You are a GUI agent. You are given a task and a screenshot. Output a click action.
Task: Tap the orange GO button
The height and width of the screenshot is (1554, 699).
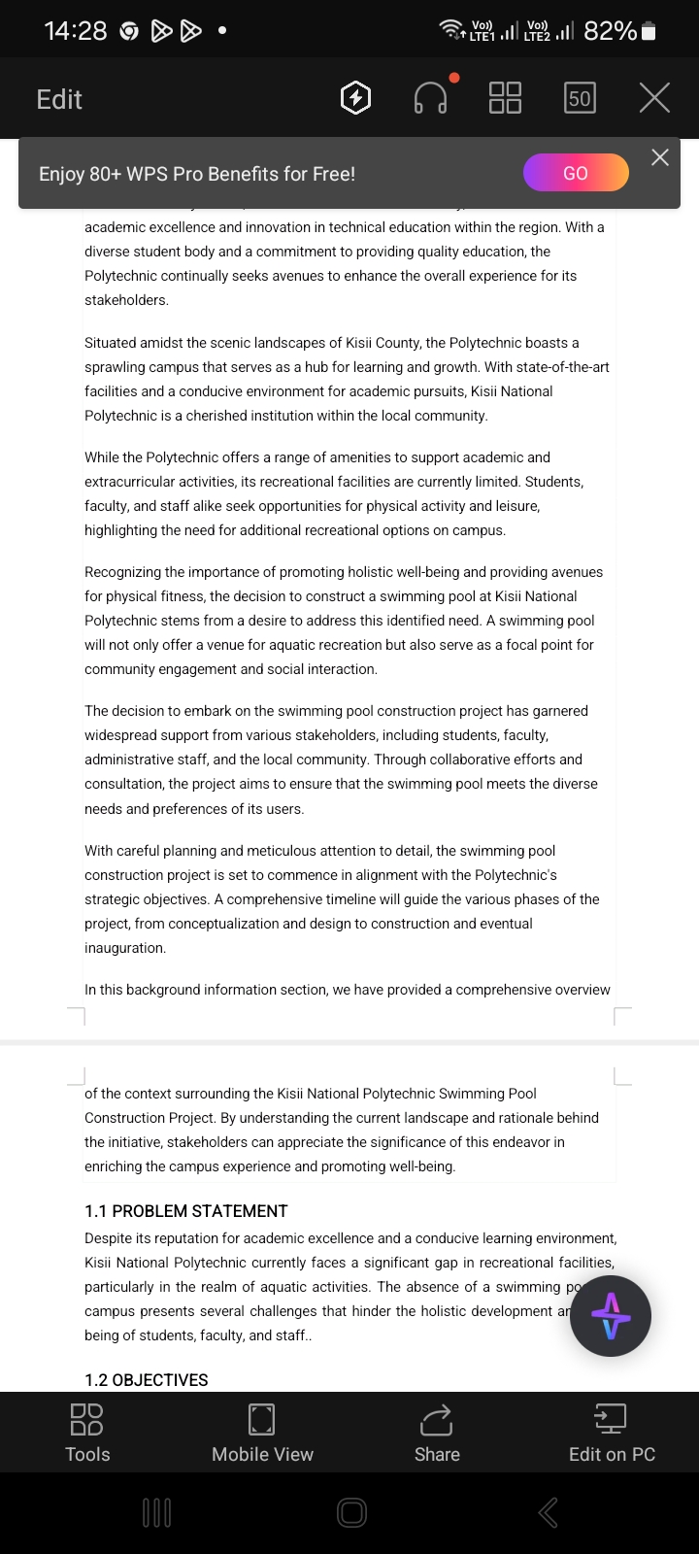pyautogui.click(x=576, y=173)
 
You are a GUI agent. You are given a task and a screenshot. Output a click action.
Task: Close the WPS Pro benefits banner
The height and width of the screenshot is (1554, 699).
pyautogui.click(x=660, y=157)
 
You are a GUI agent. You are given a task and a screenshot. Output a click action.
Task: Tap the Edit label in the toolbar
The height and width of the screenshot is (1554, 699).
pyautogui.click(x=59, y=99)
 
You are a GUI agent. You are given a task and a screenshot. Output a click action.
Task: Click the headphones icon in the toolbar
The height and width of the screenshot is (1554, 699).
pyautogui.click(x=431, y=98)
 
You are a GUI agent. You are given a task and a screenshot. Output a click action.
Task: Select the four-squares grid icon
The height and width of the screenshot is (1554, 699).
pyautogui.click(x=505, y=98)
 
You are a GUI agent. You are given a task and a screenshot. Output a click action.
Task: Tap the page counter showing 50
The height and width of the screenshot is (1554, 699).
pyautogui.click(x=580, y=98)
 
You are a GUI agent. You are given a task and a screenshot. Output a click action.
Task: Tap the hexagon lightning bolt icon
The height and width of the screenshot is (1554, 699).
pyautogui.click(x=356, y=98)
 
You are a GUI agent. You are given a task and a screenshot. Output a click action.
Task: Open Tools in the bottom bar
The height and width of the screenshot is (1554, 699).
pyautogui.click(x=87, y=1433)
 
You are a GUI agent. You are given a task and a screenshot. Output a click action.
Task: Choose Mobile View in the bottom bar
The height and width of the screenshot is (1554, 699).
pyautogui.click(x=262, y=1433)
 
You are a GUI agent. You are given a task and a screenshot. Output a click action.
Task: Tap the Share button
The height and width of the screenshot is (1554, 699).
pyautogui.click(x=437, y=1433)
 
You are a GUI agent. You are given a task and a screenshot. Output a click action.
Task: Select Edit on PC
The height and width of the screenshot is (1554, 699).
pyautogui.click(x=612, y=1433)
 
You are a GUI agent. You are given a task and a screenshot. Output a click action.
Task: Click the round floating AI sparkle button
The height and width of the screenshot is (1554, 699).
pyautogui.click(x=611, y=1316)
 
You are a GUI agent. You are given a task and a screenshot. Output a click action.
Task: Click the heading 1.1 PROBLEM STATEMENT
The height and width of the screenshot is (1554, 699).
pyautogui.click(x=186, y=1211)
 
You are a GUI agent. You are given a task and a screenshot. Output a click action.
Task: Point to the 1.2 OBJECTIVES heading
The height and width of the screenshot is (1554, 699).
pyautogui.click(x=147, y=1380)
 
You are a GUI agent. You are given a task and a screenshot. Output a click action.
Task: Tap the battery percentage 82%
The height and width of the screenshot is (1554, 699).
pyautogui.click(x=610, y=31)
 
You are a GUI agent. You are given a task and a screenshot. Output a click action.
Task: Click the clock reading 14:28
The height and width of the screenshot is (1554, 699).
pyautogui.click(x=76, y=31)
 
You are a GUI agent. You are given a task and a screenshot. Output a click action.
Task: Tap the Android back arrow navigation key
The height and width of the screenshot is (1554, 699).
pyautogui.click(x=549, y=1512)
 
